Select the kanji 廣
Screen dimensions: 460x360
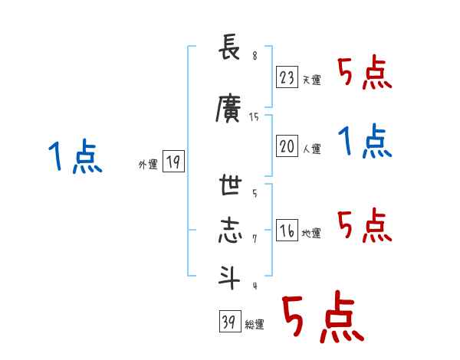click(x=229, y=109)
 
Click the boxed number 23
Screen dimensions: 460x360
click(x=287, y=77)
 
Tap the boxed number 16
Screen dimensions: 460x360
click(x=287, y=231)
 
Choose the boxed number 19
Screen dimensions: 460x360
click(x=172, y=161)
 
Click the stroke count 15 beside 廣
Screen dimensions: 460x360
click(x=255, y=117)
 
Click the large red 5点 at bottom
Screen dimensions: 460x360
click(x=322, y=318)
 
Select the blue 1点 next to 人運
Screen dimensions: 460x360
click(x=366, y=142)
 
